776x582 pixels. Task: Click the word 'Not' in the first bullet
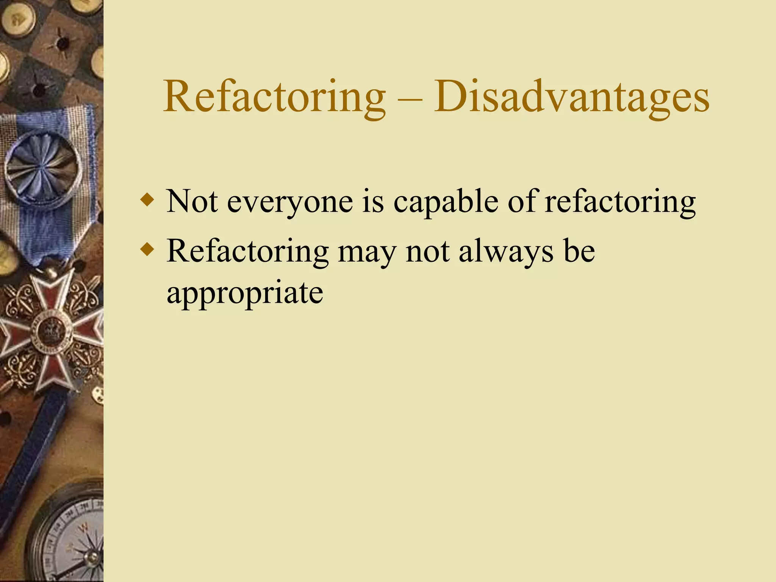point(192,201)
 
